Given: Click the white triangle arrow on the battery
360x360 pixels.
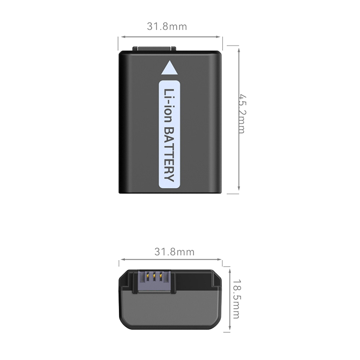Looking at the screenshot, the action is point(169,69).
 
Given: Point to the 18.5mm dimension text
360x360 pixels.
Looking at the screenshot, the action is point(236,299).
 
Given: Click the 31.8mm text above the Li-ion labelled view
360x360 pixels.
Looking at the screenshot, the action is point(167,26).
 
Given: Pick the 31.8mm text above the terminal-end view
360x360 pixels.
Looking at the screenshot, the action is point(175,252).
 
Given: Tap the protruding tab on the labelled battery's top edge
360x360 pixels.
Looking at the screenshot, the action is point(154,49).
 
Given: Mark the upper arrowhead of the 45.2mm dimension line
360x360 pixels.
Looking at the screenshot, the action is point(239,50).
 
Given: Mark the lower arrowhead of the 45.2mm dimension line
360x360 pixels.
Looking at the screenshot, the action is point(239,188).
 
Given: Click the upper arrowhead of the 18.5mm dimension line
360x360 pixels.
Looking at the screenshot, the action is point(229,272).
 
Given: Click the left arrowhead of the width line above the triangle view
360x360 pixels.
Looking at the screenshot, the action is point(123,37).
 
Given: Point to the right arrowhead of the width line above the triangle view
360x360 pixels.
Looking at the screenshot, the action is point(218,37).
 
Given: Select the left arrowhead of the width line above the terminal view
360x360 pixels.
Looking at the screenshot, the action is point(123,259).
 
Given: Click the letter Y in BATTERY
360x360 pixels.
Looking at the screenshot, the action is point(169,178).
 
